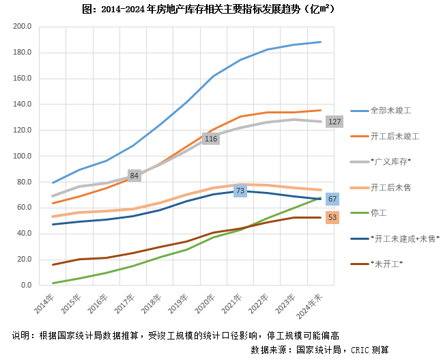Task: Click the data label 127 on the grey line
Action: coord(334,122)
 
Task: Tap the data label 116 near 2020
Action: coord(210,139)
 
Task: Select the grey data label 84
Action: coord(134,176)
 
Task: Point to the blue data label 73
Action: coord(240,191)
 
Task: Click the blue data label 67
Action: coord(332,199)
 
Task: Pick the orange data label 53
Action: coord(332,217)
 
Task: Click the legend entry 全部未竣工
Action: coord(391,110)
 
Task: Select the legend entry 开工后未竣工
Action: coord(395,136)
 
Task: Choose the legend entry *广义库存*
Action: coord(390,161)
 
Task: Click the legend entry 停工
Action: coord(379,212)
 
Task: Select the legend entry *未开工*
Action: coord(386,264)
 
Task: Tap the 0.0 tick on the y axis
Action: coord(26,285)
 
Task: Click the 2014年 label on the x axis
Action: coord(45,301)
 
